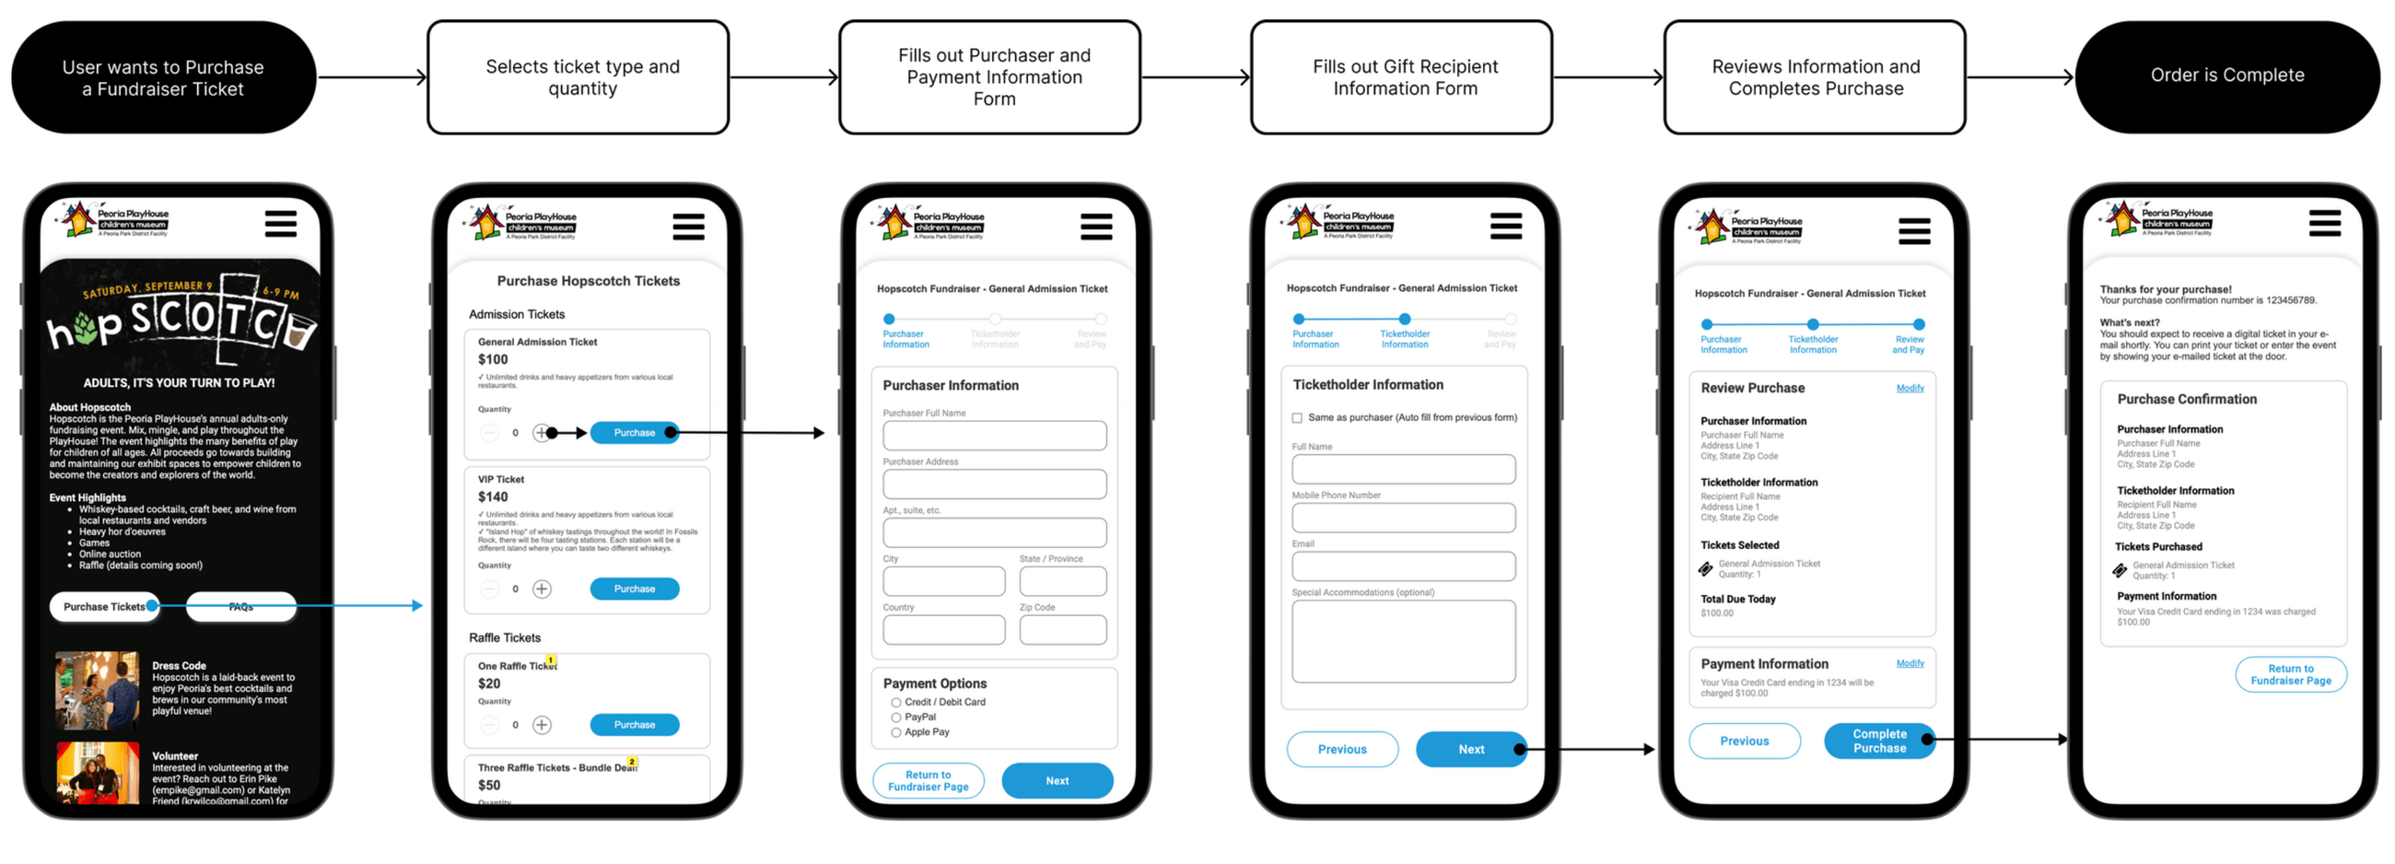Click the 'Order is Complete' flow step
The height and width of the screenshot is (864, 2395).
pos(2226,76)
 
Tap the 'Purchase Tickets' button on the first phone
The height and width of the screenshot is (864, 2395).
pos(103,606)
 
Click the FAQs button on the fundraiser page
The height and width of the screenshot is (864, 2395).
pos(240,606)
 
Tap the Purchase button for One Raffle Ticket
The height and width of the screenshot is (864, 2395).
pos(634,725)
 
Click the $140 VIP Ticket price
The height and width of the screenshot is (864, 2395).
pos(493,496)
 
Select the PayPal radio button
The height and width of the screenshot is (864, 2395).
pos(896,717)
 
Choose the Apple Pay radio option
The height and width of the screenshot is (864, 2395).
pos(896,732)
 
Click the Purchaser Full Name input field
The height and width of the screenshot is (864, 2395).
pos(994,436)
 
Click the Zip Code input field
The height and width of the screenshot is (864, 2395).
pos(1062,630)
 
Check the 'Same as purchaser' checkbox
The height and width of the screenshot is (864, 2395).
pos(1297,417)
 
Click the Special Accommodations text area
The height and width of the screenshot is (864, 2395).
pos(1403,641)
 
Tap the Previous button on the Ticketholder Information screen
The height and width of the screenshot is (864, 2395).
pos(1341,749)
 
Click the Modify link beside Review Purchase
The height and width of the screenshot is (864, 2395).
pos(1910,388)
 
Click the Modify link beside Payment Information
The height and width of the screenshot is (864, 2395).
pos(1910,663)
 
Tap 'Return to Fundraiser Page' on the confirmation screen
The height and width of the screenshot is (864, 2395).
pos(2290,674)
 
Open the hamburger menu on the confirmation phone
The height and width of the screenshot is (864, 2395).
pos(2324,223)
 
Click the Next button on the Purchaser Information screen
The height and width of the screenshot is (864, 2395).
pos(1057,780)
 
